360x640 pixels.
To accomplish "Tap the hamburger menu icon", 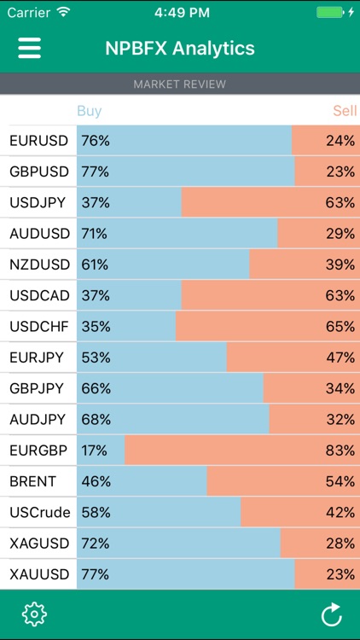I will tap(30, 48).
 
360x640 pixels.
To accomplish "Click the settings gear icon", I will tap(33, 614).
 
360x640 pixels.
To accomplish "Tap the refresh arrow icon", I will tap(331, 614).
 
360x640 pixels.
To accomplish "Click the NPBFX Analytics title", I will tap(180, 49).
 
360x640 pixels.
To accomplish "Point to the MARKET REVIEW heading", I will tap(180, 84).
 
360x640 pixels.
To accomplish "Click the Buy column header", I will tap(89, 111).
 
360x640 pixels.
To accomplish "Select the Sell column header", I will tap(345, 111).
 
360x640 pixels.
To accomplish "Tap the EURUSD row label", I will tap(39, 141).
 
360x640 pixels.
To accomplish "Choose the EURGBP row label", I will tap(39, 450).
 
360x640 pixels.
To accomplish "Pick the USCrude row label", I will tap(40, 512).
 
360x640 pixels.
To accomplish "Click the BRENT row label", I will tap(33, 481).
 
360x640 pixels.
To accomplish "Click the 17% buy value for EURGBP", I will tap(95, 450).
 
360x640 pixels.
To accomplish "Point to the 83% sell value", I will tap(340, 450).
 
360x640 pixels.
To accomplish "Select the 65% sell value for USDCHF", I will tap(340, 326).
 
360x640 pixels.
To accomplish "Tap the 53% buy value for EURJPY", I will tap(95, 358).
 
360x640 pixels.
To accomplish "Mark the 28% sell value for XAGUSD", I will tap(340, 543).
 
